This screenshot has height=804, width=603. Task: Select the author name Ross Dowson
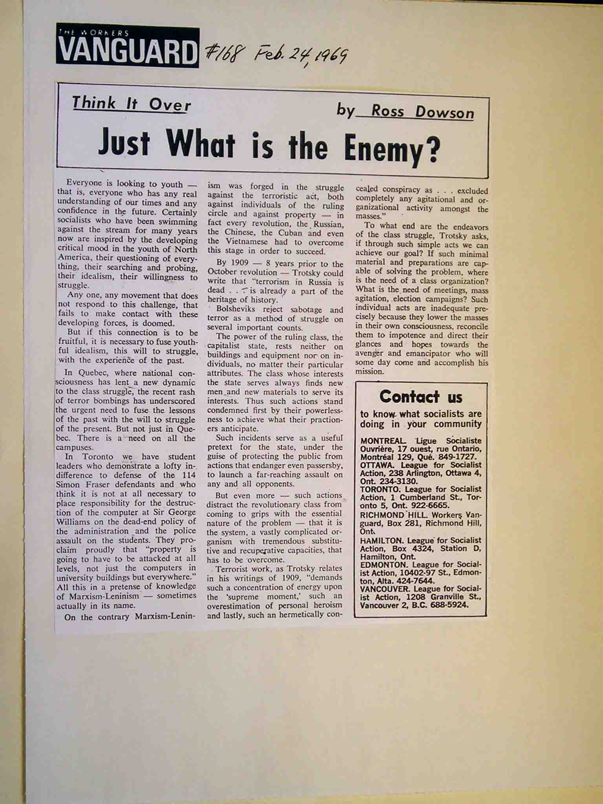click(422, 112)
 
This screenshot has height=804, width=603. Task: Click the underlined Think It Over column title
click(132, 104)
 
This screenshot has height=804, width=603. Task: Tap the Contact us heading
click(421, 397)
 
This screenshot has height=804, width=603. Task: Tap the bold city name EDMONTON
click(382, 565)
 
